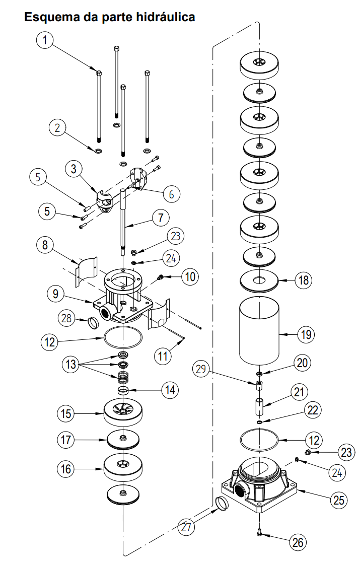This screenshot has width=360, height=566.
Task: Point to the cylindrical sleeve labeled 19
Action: coord(258,330)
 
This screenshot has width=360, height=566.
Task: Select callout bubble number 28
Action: coord(66,317)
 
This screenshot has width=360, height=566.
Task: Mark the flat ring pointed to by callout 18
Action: coord(260,280)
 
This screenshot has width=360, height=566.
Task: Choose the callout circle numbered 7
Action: coord(160,219)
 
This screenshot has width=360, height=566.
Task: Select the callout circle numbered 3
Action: coord(74,169)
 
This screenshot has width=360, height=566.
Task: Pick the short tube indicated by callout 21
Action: coord(258,406)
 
